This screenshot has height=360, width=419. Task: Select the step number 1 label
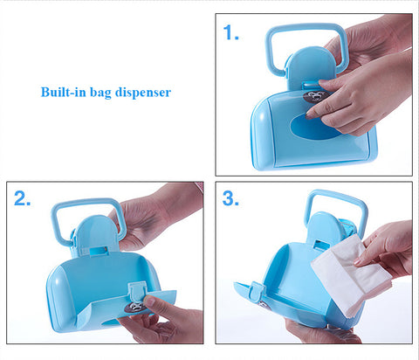(230, 32)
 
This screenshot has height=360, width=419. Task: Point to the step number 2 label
(22, 198)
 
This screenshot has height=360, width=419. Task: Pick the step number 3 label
(230, 198)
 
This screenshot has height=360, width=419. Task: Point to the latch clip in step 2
(137, 292)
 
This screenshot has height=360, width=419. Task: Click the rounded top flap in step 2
(94, 233)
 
